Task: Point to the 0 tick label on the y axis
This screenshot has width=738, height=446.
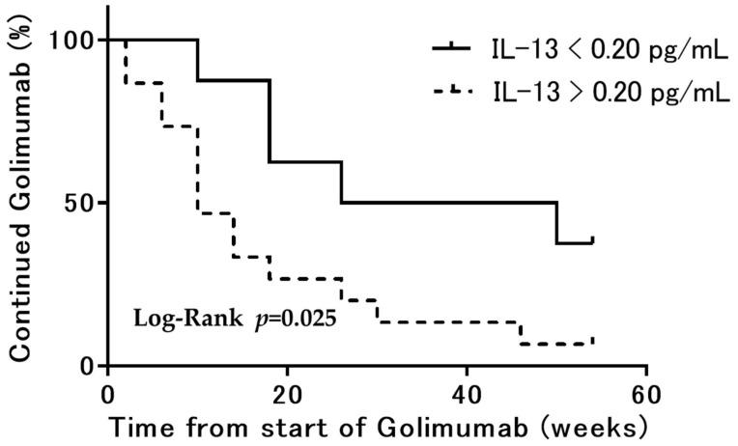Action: click(86, 366)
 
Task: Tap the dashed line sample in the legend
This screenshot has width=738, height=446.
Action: click(450, 92)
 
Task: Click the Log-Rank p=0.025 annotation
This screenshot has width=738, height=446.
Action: click(234, 318)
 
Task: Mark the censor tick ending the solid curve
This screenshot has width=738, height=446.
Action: click(593, 239)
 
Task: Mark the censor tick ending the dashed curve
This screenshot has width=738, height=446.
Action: click(593, 341)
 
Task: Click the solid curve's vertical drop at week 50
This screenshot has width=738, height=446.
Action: click(557, 223)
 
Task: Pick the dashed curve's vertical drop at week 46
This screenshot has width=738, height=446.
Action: click(521, 332)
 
